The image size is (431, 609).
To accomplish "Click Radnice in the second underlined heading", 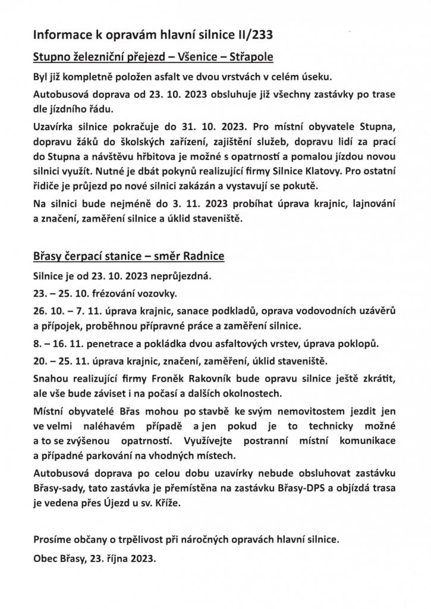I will [204, 257].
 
